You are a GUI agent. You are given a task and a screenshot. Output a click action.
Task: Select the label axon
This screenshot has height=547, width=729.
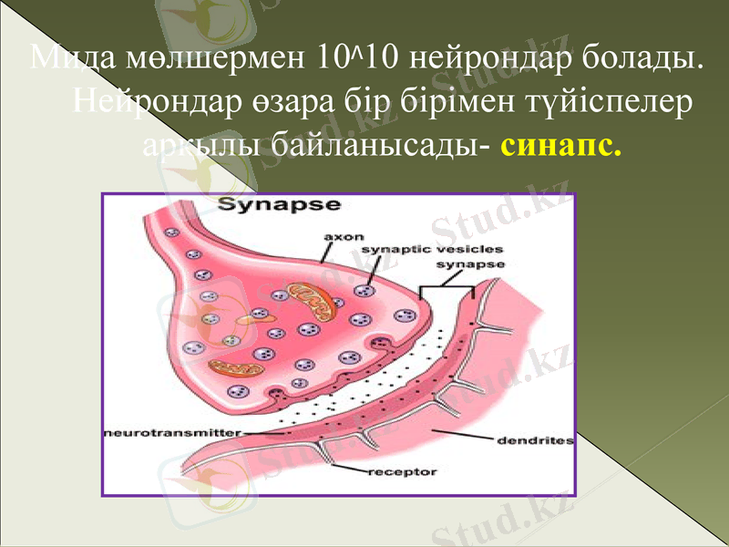tap(344, 235)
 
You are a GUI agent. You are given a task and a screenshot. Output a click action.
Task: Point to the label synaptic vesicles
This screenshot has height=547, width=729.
tap(432, 249)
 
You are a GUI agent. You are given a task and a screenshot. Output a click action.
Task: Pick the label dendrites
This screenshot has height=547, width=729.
tap(534, 440)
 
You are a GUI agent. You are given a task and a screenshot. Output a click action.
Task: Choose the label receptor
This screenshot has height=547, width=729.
tap(402, 472)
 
